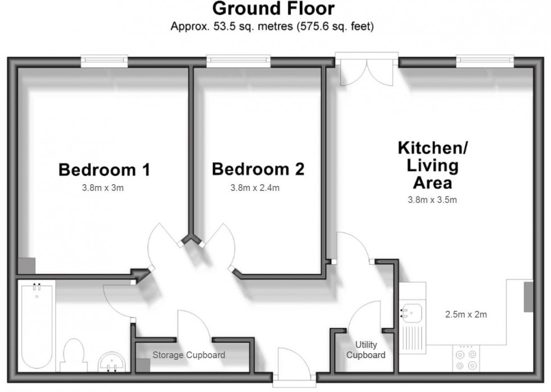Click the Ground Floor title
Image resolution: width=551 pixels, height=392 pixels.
(273, 10)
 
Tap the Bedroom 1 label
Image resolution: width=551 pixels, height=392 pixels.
(104, 169)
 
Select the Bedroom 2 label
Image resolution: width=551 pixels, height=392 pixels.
(258, 169)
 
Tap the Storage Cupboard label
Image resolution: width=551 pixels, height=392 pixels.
(189, 355)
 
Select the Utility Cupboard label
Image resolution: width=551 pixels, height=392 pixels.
(366, 350)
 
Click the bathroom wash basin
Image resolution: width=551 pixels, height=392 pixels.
(111, 362)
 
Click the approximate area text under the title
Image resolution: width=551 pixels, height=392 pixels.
(273, 26)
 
